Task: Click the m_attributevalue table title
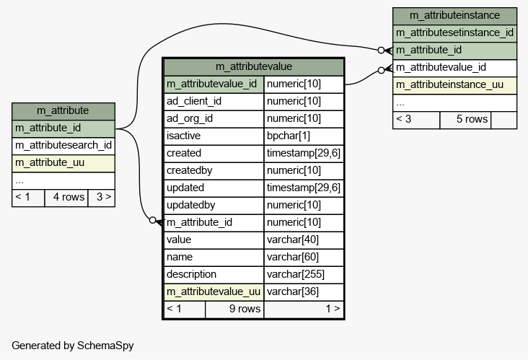click(x=254, y=66)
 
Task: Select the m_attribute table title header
click(x=63, y=111)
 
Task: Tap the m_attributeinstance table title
click(x=454, y=16)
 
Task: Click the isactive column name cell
click(x=214, y=136)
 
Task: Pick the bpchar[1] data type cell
click(x=304, y=136)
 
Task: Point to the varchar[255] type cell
click(x=304, y=274)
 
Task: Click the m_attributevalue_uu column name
click(x=214, y=291)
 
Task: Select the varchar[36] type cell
click(x=304, y=291)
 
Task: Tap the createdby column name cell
click(x=214, y=170)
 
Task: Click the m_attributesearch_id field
click(x=63, y=146)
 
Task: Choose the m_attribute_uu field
click(x=63, y=163)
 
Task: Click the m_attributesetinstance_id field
click(x=454, y=33)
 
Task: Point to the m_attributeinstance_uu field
click(x=454, y=85)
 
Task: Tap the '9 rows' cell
click(x=234, y=309)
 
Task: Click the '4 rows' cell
click(x=66, y=198)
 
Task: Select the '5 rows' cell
click(x=465, y=120)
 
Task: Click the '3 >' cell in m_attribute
click(x=102, y=198)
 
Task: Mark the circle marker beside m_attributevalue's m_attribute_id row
click(x=152, y=220)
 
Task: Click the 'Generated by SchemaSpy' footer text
click(x=73, y=346)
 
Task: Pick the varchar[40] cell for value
click(x=304, y=240)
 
